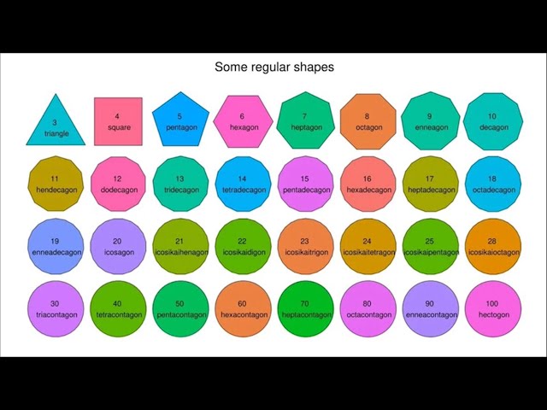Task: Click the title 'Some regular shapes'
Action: tap(273, 67)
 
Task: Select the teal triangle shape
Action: tap(56, 124)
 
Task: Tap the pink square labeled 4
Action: tap(118, 121)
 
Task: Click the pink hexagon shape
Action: tap(243, 121)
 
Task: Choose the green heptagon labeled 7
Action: tap(305, 121)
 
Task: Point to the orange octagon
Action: tap(368, 121)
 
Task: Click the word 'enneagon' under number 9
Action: tap(430, 127)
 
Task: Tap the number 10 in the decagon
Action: tap(492, 116)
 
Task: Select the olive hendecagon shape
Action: tap(56, 184)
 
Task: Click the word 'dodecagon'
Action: tap(118, 190)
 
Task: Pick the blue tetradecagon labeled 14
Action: tap(243, 184)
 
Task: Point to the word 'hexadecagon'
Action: tap(368, 190)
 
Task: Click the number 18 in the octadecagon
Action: tap(492, 179)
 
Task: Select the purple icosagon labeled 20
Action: tap(118, 246)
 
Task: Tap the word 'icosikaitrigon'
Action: tap(305, 252)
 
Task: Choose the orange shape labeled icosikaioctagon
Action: tap(492, 246)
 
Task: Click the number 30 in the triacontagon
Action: tap(56, 303)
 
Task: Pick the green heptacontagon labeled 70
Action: tap(305, 308)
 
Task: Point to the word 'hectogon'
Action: tap(492, 314)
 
